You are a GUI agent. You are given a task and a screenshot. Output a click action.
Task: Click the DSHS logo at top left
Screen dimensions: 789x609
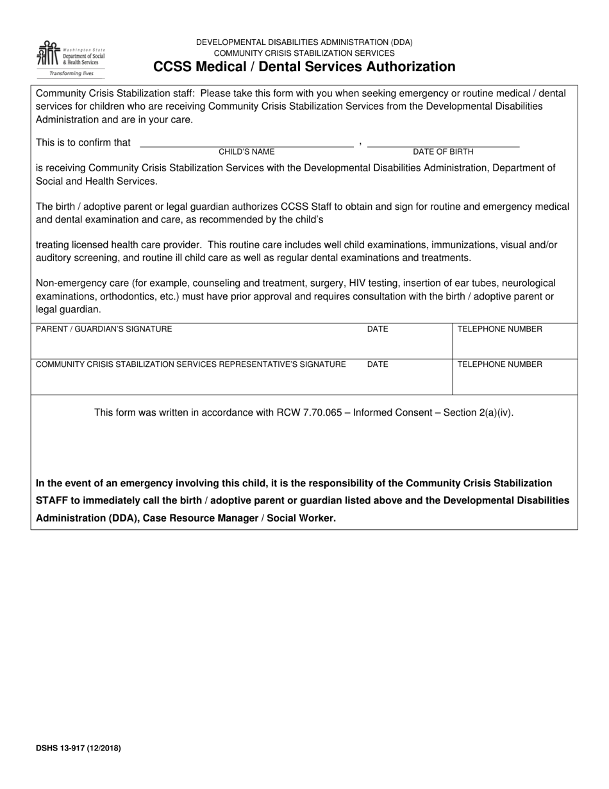point(71,58)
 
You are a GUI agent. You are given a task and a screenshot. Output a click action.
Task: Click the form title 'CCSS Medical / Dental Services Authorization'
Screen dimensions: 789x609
point(304,67)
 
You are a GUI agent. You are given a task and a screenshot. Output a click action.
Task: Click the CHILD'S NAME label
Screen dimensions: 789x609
point(246,152)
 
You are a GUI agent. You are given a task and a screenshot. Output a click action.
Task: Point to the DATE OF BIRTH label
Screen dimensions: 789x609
point(443,152)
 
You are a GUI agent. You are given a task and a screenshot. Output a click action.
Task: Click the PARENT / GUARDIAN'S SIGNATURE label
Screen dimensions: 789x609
point(104,329)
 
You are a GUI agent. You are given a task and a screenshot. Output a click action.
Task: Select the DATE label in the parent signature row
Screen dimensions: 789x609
point(378,329)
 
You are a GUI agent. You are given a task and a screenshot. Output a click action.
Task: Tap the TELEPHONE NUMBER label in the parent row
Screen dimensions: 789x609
point(499,329)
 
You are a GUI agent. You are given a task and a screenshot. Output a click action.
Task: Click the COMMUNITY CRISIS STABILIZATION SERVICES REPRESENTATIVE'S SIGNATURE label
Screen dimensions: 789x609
point(190,364)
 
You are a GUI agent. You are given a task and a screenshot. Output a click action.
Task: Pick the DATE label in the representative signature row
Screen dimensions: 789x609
point(378,364)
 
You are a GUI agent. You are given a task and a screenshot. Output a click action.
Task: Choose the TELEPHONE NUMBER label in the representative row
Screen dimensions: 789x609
point(499,364)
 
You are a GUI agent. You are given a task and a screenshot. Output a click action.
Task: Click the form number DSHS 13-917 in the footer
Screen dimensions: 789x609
point(78,748)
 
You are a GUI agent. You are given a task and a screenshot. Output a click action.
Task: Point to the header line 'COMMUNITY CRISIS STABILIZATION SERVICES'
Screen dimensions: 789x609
point(304,53)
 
